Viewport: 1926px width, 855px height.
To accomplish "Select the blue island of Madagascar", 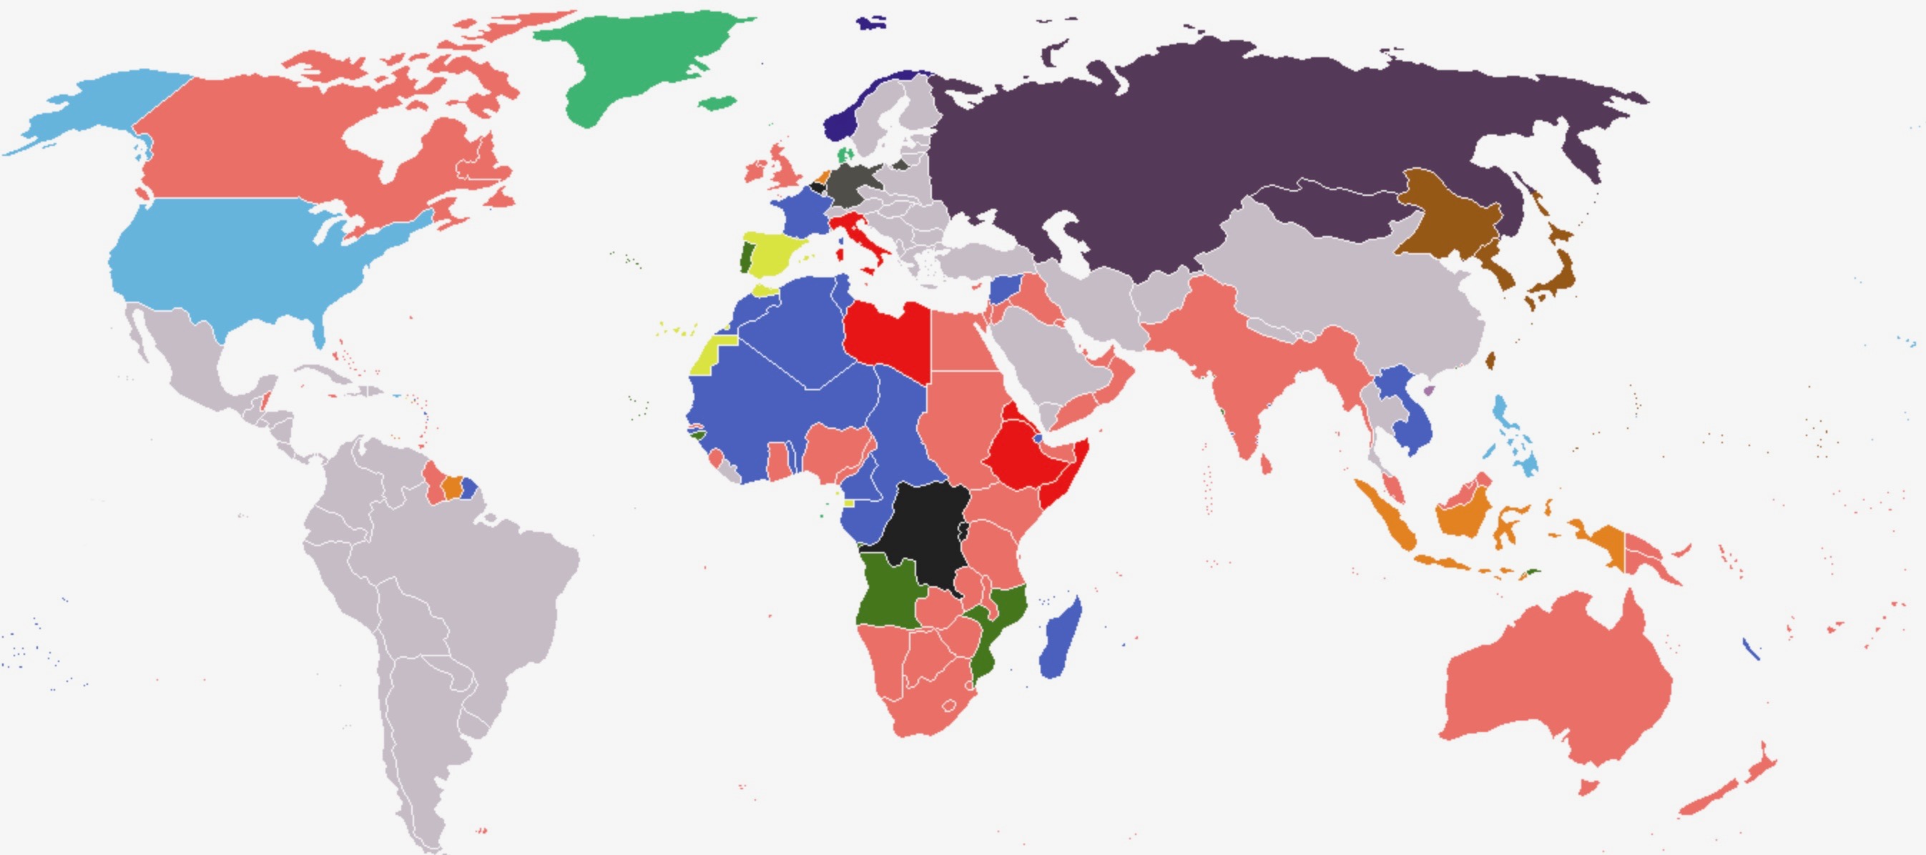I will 1060,643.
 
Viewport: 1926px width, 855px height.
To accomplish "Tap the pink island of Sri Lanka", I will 1265,465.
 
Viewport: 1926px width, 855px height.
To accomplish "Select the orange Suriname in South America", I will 451,488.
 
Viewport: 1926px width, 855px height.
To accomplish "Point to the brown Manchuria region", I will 1443,217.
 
